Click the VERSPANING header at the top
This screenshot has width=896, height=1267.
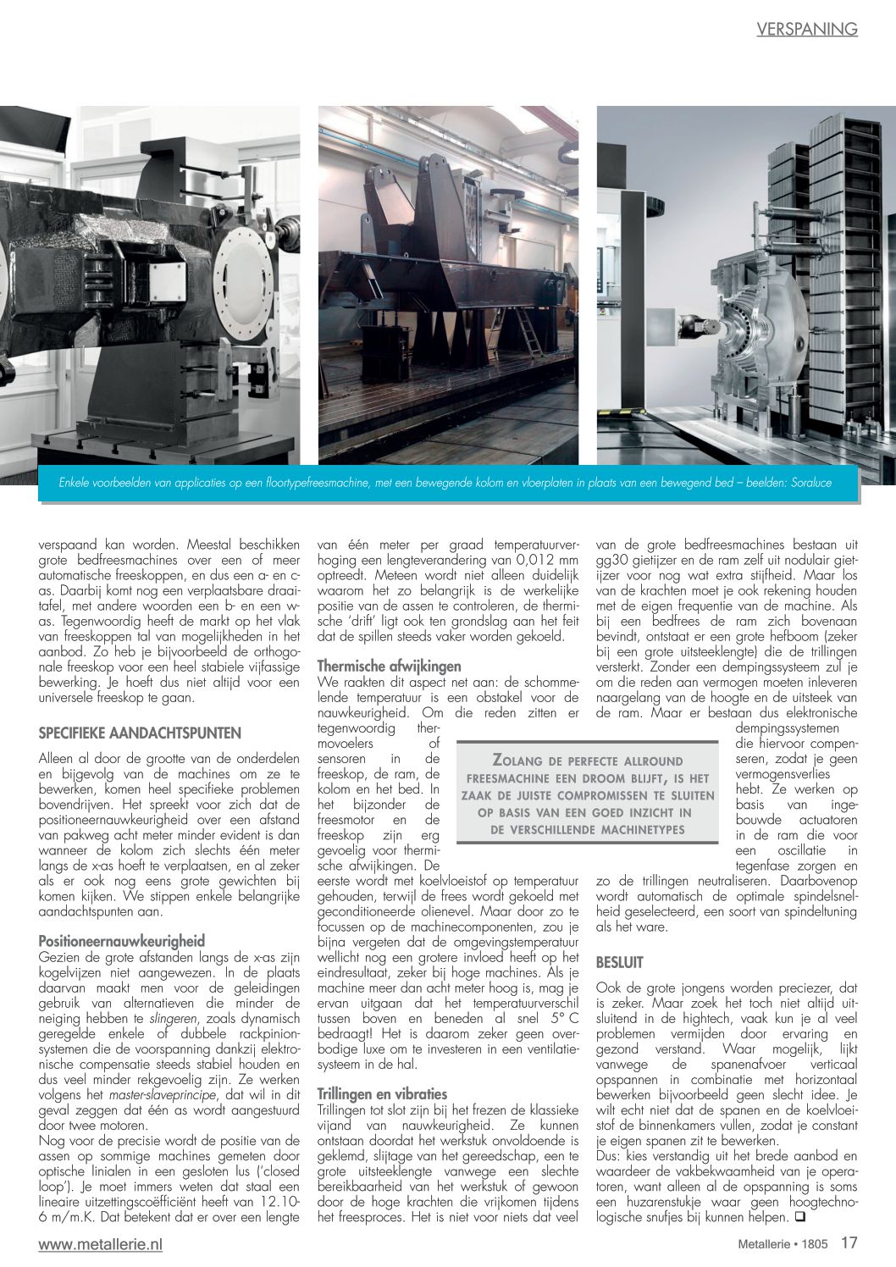(806, 29)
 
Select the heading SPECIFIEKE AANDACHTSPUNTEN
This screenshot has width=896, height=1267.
(140, 733)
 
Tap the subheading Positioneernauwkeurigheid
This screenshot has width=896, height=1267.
(122, 941)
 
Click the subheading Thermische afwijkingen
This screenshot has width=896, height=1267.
(389, 667)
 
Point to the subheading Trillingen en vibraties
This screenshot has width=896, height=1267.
(382, 1093)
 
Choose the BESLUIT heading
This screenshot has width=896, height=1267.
(620, 962)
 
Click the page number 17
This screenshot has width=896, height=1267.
(849, 1243)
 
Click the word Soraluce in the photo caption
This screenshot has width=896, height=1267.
(809, 483)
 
